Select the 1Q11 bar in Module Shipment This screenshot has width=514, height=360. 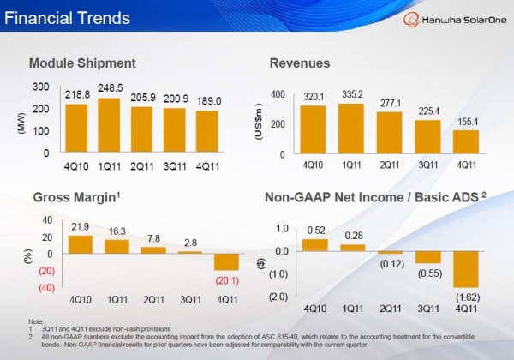(110, 125)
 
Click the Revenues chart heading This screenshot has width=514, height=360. (300, 63)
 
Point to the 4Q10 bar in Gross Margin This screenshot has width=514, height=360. (79, 244)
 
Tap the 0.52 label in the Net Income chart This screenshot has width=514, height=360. (315, 231)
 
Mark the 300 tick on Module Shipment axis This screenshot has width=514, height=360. (41, 87)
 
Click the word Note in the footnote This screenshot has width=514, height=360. (36, 322)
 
